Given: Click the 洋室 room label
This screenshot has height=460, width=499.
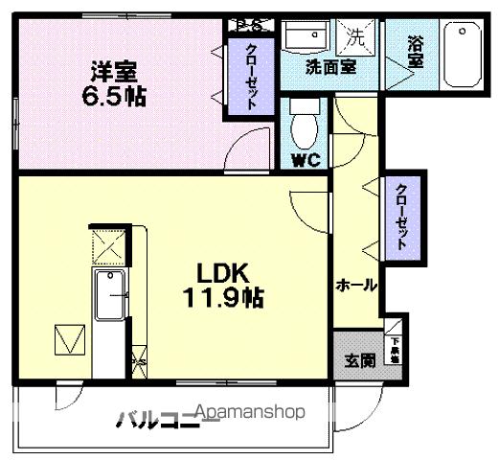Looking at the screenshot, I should (x=114, y=71).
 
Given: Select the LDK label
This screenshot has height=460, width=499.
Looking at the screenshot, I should (x=224, y=271).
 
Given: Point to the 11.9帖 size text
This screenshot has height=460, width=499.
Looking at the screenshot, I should (x=224, y=297).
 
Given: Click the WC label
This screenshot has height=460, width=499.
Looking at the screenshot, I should (x=305, y=160).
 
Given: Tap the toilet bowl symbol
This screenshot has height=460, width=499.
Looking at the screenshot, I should (x=304, y=126).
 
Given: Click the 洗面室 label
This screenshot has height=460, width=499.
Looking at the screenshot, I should (x=331, y=67).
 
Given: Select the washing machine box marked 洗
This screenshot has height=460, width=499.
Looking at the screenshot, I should (x=357, y=39).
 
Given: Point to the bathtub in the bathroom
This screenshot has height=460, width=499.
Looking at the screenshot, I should (x=465, y=56).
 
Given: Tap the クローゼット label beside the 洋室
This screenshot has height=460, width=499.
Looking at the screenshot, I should (x=251, y=76).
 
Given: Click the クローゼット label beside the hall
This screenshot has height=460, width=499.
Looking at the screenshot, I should (x=400, y=215).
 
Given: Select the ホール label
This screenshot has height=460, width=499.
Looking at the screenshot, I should (x=355, y=285).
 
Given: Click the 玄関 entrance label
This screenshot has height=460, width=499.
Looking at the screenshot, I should (x=359, y=360).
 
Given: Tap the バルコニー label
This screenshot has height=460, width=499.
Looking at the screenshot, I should (x=153, y=419).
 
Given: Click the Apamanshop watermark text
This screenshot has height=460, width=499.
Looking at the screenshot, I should (x=251, y=413).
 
